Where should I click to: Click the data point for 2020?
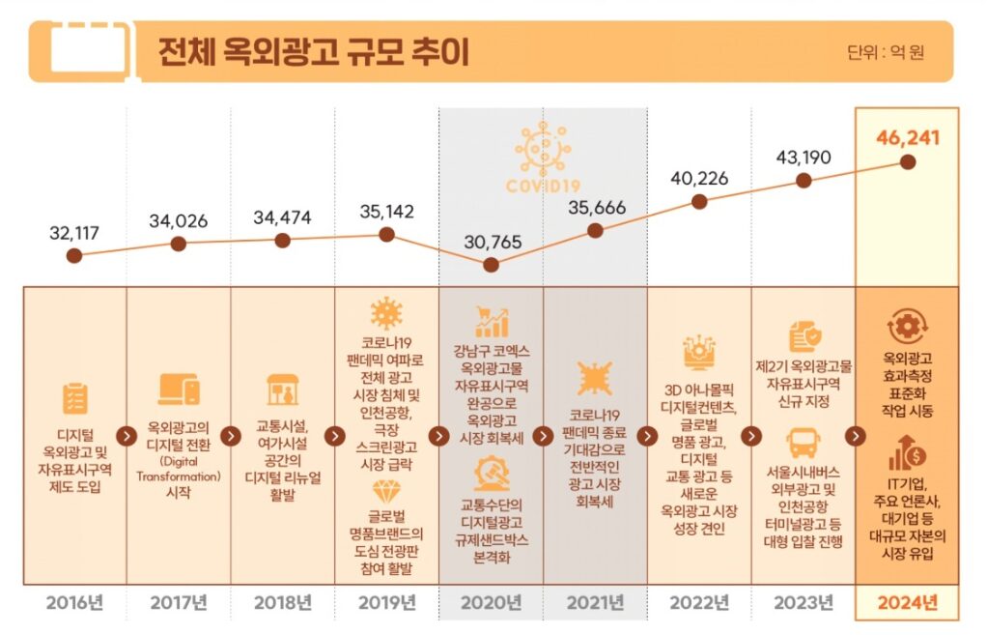(x=491, y=265)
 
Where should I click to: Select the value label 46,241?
(x=907, y=138)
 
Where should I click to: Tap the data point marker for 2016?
(x=74, y=255)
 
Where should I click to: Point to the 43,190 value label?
(x=804, y=157)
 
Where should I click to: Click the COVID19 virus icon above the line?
(x=543, y=149)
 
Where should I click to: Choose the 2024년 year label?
(x=907, y=603)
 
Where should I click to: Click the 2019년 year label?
(x=387, y=603)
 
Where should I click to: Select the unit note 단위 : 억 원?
(x=886, y=52)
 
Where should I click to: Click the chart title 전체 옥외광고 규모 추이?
(x=314, y=51)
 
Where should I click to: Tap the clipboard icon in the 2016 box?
(x=75, y=399)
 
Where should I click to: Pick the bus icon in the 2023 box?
(x=804, y=444)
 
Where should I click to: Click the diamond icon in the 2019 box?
(x=386, y=492)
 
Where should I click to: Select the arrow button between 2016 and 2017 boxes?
(x=127, y=436)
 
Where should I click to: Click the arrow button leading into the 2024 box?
(x=855, y=436)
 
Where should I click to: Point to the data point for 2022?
(x=698, y=202)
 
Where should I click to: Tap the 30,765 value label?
(x=493, y=242)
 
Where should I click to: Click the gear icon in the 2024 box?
(x=907, y=327)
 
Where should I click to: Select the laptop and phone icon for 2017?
(x=179, y=390)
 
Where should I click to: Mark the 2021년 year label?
(x=596, y=603)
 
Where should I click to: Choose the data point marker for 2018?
(x=283, y=240)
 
